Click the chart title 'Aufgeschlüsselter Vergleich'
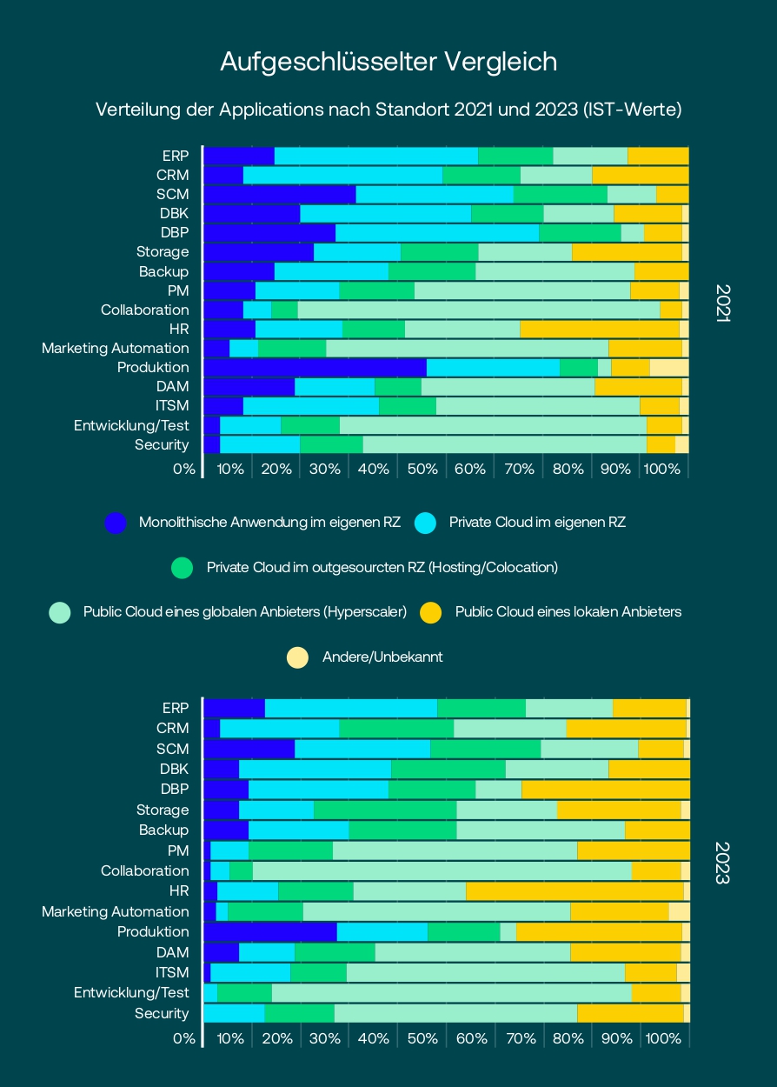coord(388,62)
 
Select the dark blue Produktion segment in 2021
coord(315,367)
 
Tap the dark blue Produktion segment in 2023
coord(269,931)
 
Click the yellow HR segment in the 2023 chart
coord(574,890)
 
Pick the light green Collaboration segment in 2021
coord(478,310)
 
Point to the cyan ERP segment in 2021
coord(375,156)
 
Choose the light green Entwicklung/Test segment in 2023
coord(451,992)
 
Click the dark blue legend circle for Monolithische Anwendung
coord(116,523)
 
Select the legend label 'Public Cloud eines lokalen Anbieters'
coord(568,612)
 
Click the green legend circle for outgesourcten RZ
coord(182,568)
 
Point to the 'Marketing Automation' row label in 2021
coord(115,349)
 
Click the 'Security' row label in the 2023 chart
coord(162,1013)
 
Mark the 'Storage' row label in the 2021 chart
coord(163,252)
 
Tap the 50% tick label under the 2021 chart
coord(422,470)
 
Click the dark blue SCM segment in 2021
coord(279,194)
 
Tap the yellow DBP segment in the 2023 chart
coord(605,790)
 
